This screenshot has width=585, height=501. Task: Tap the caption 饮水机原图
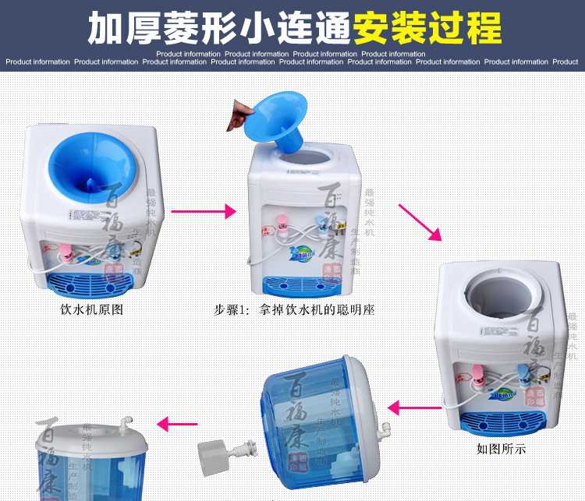(92, 309)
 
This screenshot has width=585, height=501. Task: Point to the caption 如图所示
(502, 449)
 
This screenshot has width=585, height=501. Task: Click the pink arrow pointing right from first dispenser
(202, 210)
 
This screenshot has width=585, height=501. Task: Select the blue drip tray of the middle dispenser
(297, 286)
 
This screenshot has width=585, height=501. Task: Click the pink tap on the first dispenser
(66, 252)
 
